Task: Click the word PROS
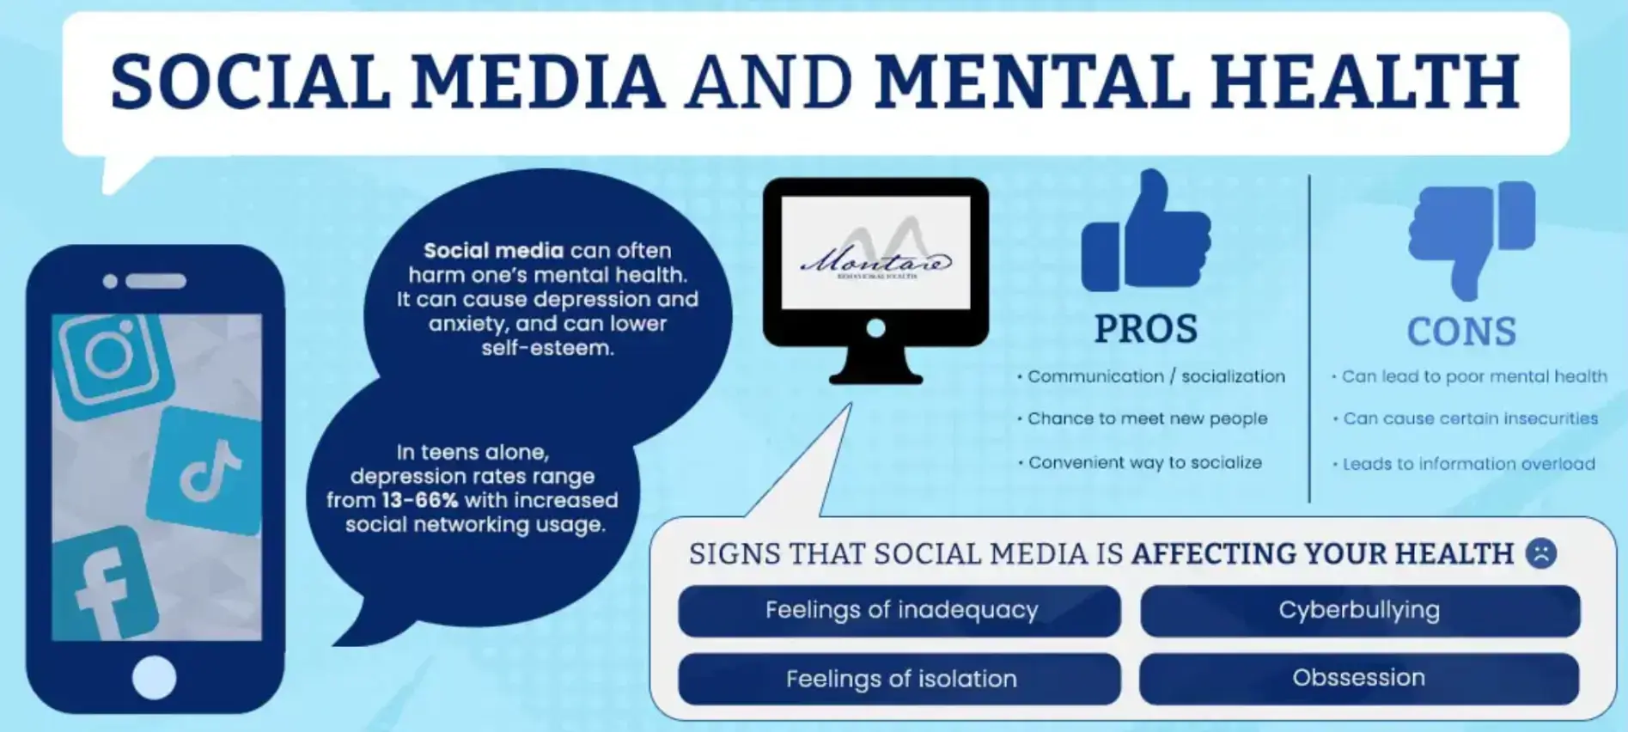1146,330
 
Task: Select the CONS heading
1461,332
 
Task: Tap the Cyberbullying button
1359,611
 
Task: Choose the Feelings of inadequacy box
900,611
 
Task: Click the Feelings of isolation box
900,679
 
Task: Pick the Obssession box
1359,678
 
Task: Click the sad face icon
1541,553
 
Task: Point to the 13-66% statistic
420,501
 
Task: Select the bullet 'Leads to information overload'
1468,464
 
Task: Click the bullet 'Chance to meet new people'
1147,419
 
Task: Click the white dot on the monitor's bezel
875,328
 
